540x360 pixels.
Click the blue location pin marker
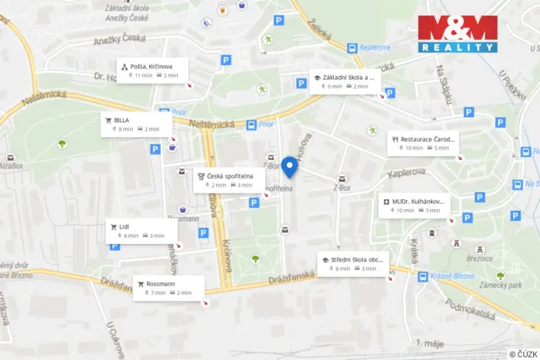pos(289,167)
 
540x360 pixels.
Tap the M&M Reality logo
pos(458,33)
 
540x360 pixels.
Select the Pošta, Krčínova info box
pos(153,70)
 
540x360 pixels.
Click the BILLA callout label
pos(133,124)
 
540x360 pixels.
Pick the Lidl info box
pos(141,231)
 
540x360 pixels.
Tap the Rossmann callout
pos(168,288)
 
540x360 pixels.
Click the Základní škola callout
pos(345,82)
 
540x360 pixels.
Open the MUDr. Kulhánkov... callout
pos(416,205)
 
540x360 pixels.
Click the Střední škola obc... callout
pos(353,264)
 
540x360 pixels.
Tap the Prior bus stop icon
pos(252,125)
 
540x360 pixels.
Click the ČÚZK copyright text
pos(523,353)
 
